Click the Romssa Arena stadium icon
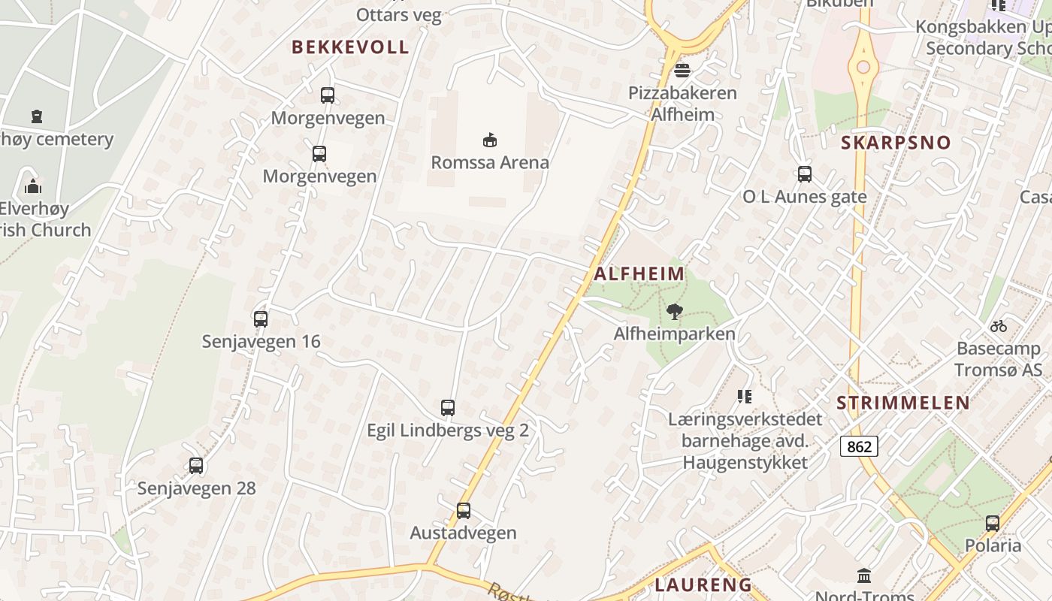point(490,140)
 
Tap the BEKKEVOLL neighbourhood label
point(350,47)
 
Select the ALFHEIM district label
point(639,274)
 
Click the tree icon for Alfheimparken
point(675,311)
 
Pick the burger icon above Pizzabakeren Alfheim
point(682,71)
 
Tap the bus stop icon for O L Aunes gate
point(805,174)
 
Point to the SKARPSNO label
point(896,143)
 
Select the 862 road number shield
point(859,447)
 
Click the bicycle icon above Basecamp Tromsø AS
point(999,326)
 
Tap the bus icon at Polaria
point(993,523)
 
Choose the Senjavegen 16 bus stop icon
point(261,319)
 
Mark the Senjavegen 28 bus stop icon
point(196,466)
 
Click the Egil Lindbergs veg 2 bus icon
point(448,408)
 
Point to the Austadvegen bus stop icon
point(464,511)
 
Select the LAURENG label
point(703,584)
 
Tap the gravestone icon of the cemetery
point(37,116)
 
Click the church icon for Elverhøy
point(32,186)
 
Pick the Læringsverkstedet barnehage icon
point(745,396)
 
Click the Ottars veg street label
point(399,15)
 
